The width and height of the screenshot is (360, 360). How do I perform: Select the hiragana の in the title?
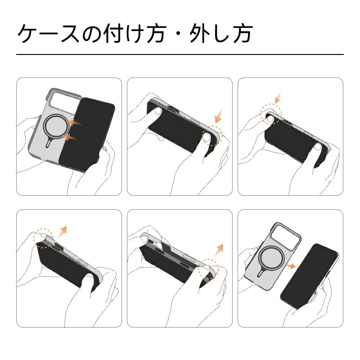[x=92, y=35]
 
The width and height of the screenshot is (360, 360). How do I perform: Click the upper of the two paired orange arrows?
[x=75, y=123]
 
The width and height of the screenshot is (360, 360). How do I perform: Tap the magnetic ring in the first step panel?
[x=56, y=126]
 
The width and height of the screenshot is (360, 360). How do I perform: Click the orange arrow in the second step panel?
[x=219, y=116]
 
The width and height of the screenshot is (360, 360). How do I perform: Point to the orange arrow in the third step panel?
[x=278, y=98]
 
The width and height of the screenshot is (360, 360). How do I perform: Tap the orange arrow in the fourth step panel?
[x=62, y=232]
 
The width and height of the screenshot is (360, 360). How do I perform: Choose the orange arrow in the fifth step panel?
[x=219, y=251]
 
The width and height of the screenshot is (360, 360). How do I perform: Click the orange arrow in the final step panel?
[x=290, y=265]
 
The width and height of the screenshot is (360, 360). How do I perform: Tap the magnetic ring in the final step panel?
[x=271, y=257]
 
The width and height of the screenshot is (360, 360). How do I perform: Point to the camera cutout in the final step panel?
[x=285, y=237]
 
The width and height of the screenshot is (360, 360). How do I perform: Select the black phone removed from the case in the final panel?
[x=309, y=276]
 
